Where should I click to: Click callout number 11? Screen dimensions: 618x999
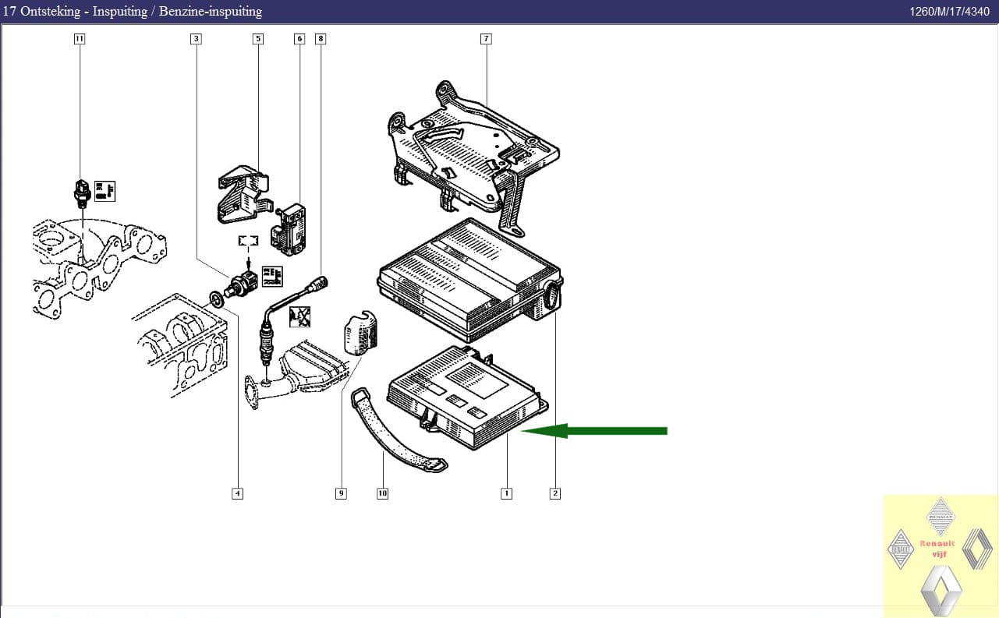coord(79,38)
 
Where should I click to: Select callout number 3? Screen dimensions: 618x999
coord(196,38)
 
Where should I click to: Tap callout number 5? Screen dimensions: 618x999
coord(257,38)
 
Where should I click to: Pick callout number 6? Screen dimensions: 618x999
coord(299,38)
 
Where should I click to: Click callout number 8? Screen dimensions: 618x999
coord(320,38)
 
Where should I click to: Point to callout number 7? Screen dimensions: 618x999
coord(486,38)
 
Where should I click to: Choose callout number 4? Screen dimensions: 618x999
coord(237,493)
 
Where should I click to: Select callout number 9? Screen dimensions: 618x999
coord(341,493)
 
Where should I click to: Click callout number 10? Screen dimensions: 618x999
coord(382,493)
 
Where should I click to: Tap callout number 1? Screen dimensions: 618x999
coord(507,493)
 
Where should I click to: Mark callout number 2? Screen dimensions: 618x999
coord(554,493)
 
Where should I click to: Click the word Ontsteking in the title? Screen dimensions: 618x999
coord(52,11)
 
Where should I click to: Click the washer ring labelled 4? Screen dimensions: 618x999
coord(214,298)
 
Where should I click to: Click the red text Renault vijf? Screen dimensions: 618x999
coord(938,549)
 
